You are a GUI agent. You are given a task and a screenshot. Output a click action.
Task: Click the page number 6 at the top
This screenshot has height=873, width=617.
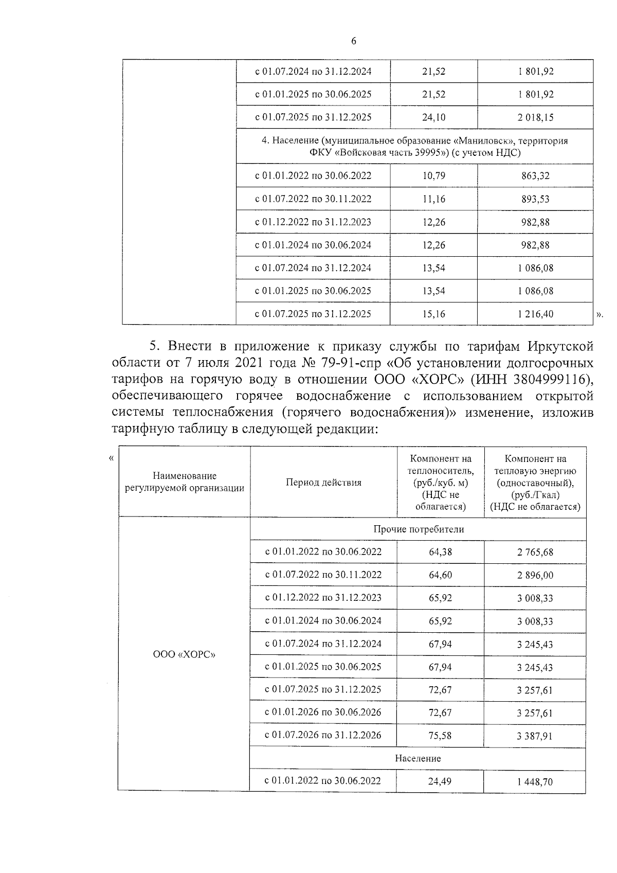[354, 42]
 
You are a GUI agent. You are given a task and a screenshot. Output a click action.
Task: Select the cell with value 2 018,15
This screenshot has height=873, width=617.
[535, 117]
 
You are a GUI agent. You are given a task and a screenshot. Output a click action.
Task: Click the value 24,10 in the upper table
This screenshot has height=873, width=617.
[433, 117]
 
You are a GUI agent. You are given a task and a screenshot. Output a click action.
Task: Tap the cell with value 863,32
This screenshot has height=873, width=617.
[535, 176]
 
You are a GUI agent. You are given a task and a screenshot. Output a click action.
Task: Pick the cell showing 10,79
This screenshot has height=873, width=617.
[433, 176]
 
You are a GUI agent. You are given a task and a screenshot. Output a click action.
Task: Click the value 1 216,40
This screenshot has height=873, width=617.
[535, 314]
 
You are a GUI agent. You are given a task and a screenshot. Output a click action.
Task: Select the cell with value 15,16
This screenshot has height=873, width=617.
[433, 314]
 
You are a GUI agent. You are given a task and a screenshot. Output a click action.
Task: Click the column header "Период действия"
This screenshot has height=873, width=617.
[323, 483]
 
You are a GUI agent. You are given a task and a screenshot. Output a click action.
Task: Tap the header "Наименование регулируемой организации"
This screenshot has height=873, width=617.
[185, 483]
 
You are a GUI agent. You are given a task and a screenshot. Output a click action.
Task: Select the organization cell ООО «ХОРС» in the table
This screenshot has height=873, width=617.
[184, 654]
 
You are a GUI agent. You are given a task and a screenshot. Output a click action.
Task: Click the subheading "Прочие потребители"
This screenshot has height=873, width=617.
[418, 529]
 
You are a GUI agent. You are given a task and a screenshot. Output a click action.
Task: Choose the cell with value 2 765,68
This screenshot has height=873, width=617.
[535, 552]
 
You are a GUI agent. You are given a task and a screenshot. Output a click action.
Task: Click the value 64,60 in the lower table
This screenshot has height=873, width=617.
[440, 575]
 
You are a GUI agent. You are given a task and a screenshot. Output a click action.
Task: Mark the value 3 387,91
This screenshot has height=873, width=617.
[535, 736]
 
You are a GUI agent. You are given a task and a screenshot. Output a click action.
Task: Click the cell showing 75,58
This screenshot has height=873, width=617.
[440, 736]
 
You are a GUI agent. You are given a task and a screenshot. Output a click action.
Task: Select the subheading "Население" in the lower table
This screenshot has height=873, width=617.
[418, 758]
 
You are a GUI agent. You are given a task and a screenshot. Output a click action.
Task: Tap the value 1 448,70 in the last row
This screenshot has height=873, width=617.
[535, 782]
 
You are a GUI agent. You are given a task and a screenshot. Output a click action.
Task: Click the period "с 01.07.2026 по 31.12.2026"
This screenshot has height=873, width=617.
[323, 735]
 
